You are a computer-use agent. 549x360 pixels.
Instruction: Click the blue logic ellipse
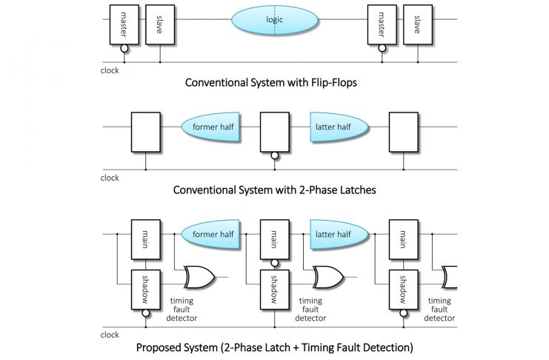275,20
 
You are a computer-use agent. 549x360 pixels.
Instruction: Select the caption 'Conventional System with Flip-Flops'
270,83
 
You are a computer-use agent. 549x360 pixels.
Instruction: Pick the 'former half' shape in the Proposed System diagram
215,235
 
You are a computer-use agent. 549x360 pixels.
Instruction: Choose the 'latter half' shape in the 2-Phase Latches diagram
340,127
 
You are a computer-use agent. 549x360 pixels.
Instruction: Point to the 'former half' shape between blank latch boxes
215,127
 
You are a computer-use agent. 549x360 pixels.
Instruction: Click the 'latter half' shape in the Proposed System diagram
340,235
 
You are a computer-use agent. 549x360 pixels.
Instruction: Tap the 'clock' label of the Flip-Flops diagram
110,71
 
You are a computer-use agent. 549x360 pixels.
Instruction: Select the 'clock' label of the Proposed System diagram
110,335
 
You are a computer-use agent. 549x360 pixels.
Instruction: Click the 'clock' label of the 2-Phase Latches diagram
110,178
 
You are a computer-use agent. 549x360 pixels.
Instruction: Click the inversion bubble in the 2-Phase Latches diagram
275,156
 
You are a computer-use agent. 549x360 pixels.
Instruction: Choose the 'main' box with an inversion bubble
274,239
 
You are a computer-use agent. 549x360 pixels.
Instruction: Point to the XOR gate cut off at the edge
449,278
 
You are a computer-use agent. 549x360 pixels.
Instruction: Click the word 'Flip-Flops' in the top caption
331,83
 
